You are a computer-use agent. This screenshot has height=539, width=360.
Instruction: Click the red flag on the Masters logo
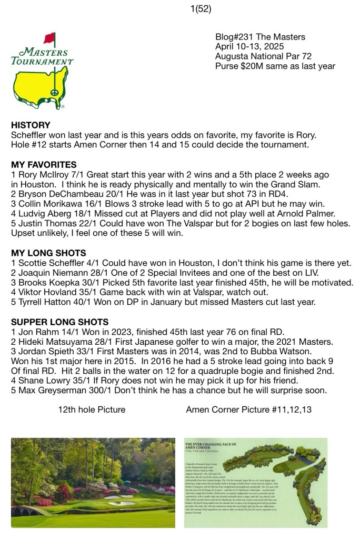click(x=49, y=38)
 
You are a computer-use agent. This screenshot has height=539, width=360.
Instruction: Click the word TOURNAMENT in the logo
click(x=42, y=61)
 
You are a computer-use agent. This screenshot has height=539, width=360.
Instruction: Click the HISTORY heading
click(x=31, y=125)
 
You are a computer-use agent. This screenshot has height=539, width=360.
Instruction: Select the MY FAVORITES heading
click(x=44, y=165)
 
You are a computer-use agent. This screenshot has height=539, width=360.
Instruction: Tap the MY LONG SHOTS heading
click(x=48, y=253)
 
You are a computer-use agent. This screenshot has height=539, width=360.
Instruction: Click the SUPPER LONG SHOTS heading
click(x=60, y=322)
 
